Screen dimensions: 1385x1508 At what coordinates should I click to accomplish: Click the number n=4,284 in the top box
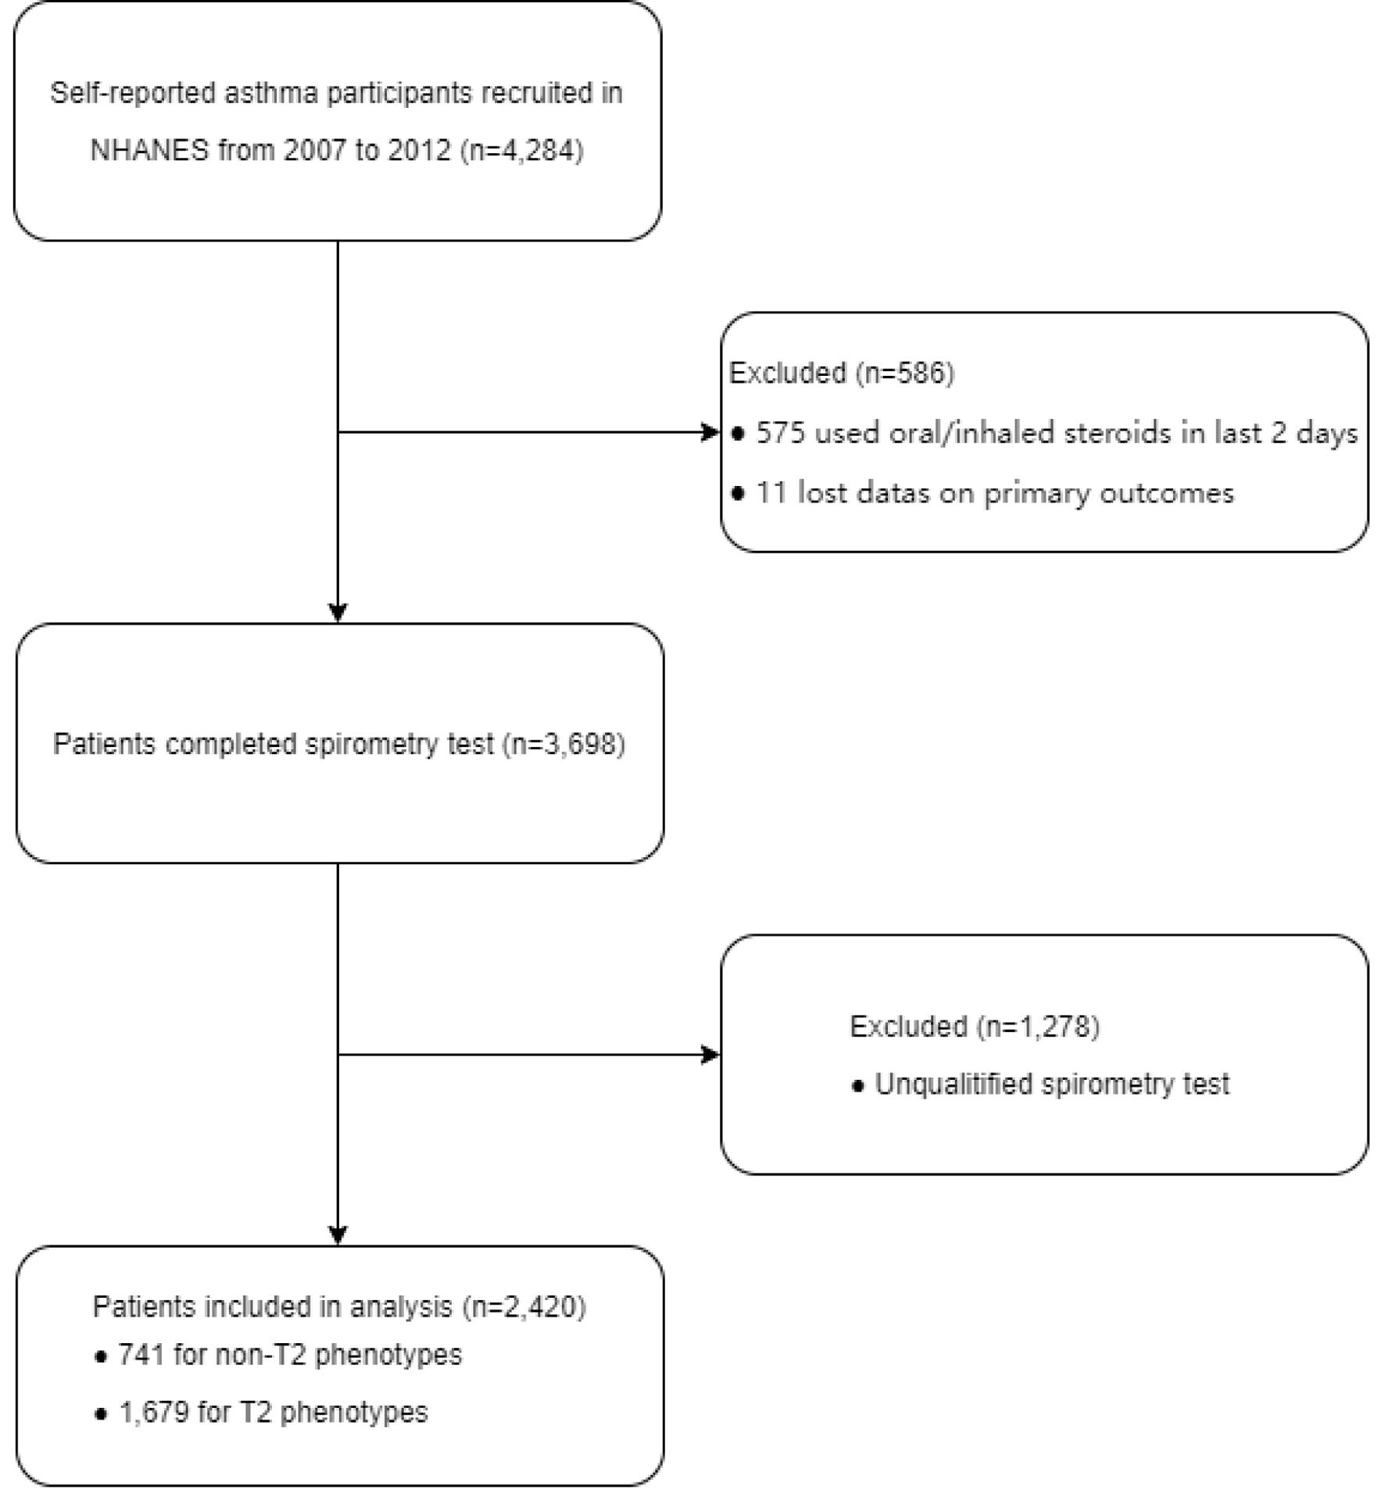522,150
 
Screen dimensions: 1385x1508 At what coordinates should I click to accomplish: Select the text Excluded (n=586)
841,373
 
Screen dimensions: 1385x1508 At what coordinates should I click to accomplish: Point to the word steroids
1118,432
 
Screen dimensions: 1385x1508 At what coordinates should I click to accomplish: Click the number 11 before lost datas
771,493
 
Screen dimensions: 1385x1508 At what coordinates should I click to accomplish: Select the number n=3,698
564,744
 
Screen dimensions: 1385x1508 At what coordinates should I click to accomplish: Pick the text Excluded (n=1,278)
974,1026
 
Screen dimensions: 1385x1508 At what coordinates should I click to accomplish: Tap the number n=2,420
524,1306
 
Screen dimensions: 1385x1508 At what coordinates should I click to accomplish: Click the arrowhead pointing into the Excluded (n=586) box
710,432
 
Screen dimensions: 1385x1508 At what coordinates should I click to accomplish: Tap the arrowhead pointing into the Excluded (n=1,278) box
710,1055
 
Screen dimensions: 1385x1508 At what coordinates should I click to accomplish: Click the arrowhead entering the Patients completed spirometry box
338,613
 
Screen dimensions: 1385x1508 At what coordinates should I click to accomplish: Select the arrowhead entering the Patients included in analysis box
338,1235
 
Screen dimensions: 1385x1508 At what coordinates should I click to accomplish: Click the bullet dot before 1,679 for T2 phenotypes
100,1413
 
